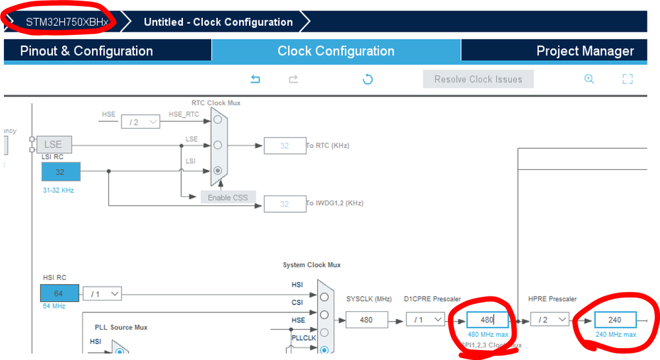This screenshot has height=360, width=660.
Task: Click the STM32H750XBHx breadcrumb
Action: point(66,22)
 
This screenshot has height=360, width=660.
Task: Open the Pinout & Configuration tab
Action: point(87,51)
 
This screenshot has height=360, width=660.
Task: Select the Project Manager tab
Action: point(585,51)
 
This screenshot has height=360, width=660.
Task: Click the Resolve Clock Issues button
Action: point(478,79)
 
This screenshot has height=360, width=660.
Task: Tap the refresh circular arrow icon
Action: point(368,79)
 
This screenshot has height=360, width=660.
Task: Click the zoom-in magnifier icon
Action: point(589,79)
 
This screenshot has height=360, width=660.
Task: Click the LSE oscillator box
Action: point(53,145)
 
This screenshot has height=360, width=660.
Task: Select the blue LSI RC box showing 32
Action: point(61,172)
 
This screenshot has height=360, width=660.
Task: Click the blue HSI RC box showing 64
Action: point(59,293)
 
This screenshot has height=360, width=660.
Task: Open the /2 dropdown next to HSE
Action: point(140,122)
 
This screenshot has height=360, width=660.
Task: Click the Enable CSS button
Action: point(228,198)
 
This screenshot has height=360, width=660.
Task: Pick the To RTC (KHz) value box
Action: point(284,145)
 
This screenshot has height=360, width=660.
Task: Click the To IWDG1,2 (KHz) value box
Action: point(284,203)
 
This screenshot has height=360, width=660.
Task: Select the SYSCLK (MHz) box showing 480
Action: point(366,320)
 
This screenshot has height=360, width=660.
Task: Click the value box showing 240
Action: point(615,320)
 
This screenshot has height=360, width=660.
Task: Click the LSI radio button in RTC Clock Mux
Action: point(217,170)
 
